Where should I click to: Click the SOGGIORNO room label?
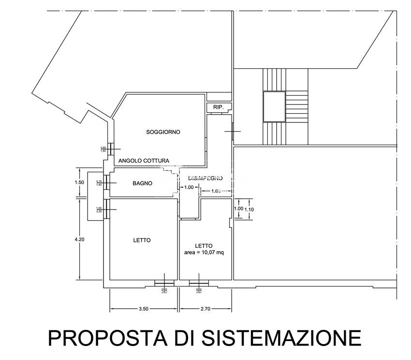tap(163, 132)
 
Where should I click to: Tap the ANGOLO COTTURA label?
tap(144, 161)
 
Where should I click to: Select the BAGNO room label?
tap(143, 183)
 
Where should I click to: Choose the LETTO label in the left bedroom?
tap(142, 240)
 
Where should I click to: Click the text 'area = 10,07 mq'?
tap(204, 253)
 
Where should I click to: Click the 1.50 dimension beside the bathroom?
tap(79, 182)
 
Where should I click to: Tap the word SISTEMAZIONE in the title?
tap(281, 337)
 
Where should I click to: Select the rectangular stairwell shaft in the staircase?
tap(274, 106)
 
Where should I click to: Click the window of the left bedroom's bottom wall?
tap(164, 282)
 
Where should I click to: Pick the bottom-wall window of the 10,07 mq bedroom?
tap(199, 282)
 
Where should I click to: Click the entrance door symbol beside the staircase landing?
tap(233, 131)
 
